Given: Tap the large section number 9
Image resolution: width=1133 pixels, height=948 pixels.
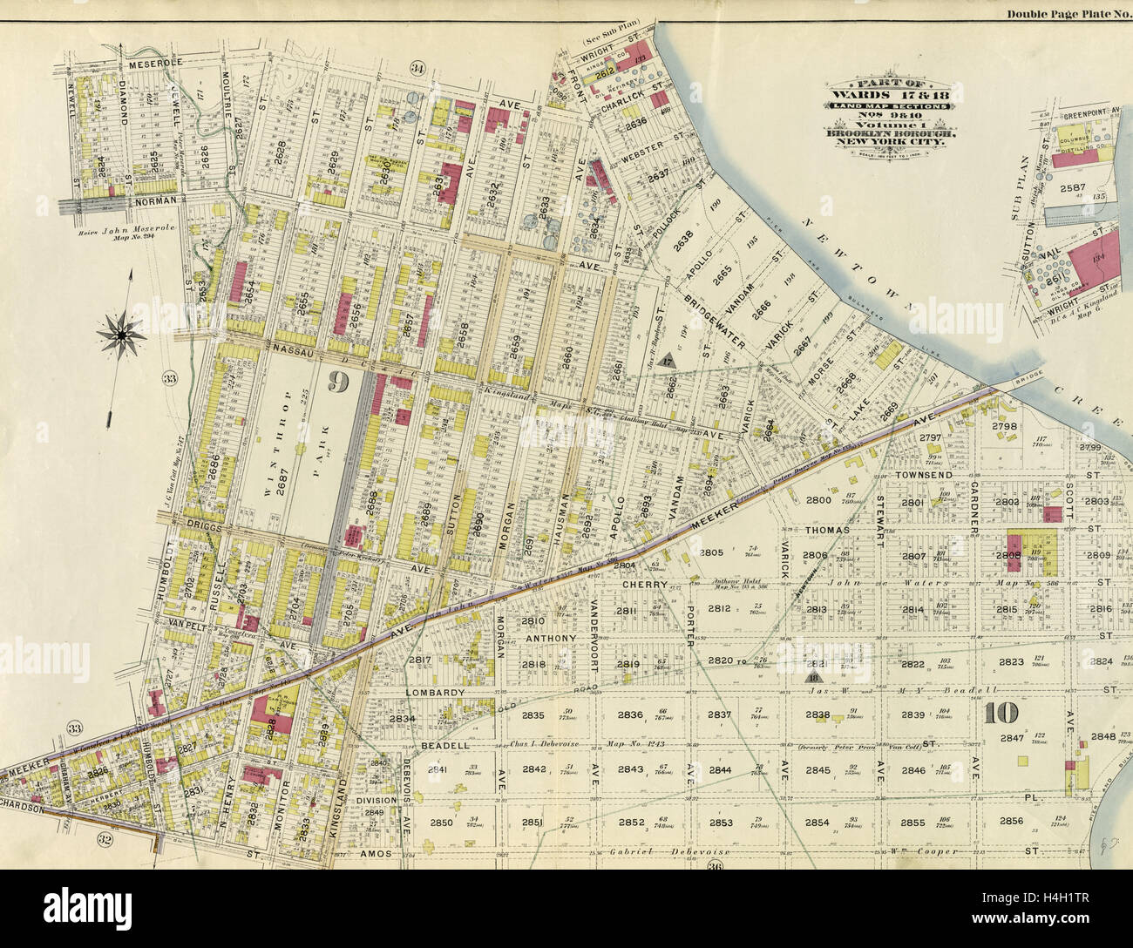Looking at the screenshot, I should pos(339,381).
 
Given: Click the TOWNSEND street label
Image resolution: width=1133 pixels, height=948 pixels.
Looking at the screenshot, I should pos(923,474).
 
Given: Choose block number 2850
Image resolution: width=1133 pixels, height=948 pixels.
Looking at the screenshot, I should pos(442,823).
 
